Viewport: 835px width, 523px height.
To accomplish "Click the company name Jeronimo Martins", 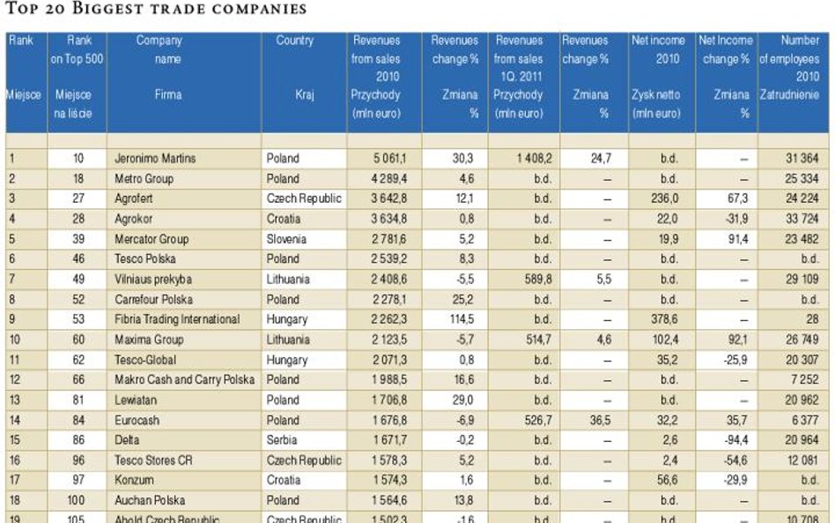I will [154, 159].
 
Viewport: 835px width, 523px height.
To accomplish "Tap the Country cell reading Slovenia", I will [287, 239].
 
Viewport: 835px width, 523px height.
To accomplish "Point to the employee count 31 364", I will [802, 159].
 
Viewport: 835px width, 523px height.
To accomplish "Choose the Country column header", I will [294, 41].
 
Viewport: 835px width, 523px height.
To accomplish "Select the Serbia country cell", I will [282, 440].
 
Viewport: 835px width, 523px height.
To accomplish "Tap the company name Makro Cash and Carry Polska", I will [184, 379].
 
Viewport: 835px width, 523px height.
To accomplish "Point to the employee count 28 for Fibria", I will [813, 319].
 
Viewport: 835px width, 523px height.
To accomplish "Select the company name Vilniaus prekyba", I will [153, 280].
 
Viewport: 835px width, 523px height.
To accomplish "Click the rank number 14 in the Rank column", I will [14, 421].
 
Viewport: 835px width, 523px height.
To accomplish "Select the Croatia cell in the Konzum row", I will [283, 481].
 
